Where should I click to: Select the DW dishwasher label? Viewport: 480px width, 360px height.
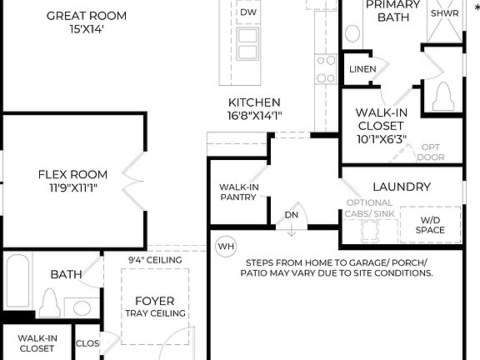248,12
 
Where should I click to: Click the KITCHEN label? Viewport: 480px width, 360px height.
254,102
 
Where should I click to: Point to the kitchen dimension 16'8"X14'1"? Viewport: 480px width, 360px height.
254,116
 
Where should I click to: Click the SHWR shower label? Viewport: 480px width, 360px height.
438,14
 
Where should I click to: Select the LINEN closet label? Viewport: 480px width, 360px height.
362,68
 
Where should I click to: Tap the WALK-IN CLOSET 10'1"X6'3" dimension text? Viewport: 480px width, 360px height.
381,139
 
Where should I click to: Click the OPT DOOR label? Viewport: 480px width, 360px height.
430,152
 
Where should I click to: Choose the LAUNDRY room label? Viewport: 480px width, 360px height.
402,187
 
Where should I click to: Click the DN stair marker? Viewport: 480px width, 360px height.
292,214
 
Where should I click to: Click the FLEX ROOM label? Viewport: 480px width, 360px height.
72,174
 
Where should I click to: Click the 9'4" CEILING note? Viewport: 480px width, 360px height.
155,260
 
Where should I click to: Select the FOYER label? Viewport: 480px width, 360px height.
154,301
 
